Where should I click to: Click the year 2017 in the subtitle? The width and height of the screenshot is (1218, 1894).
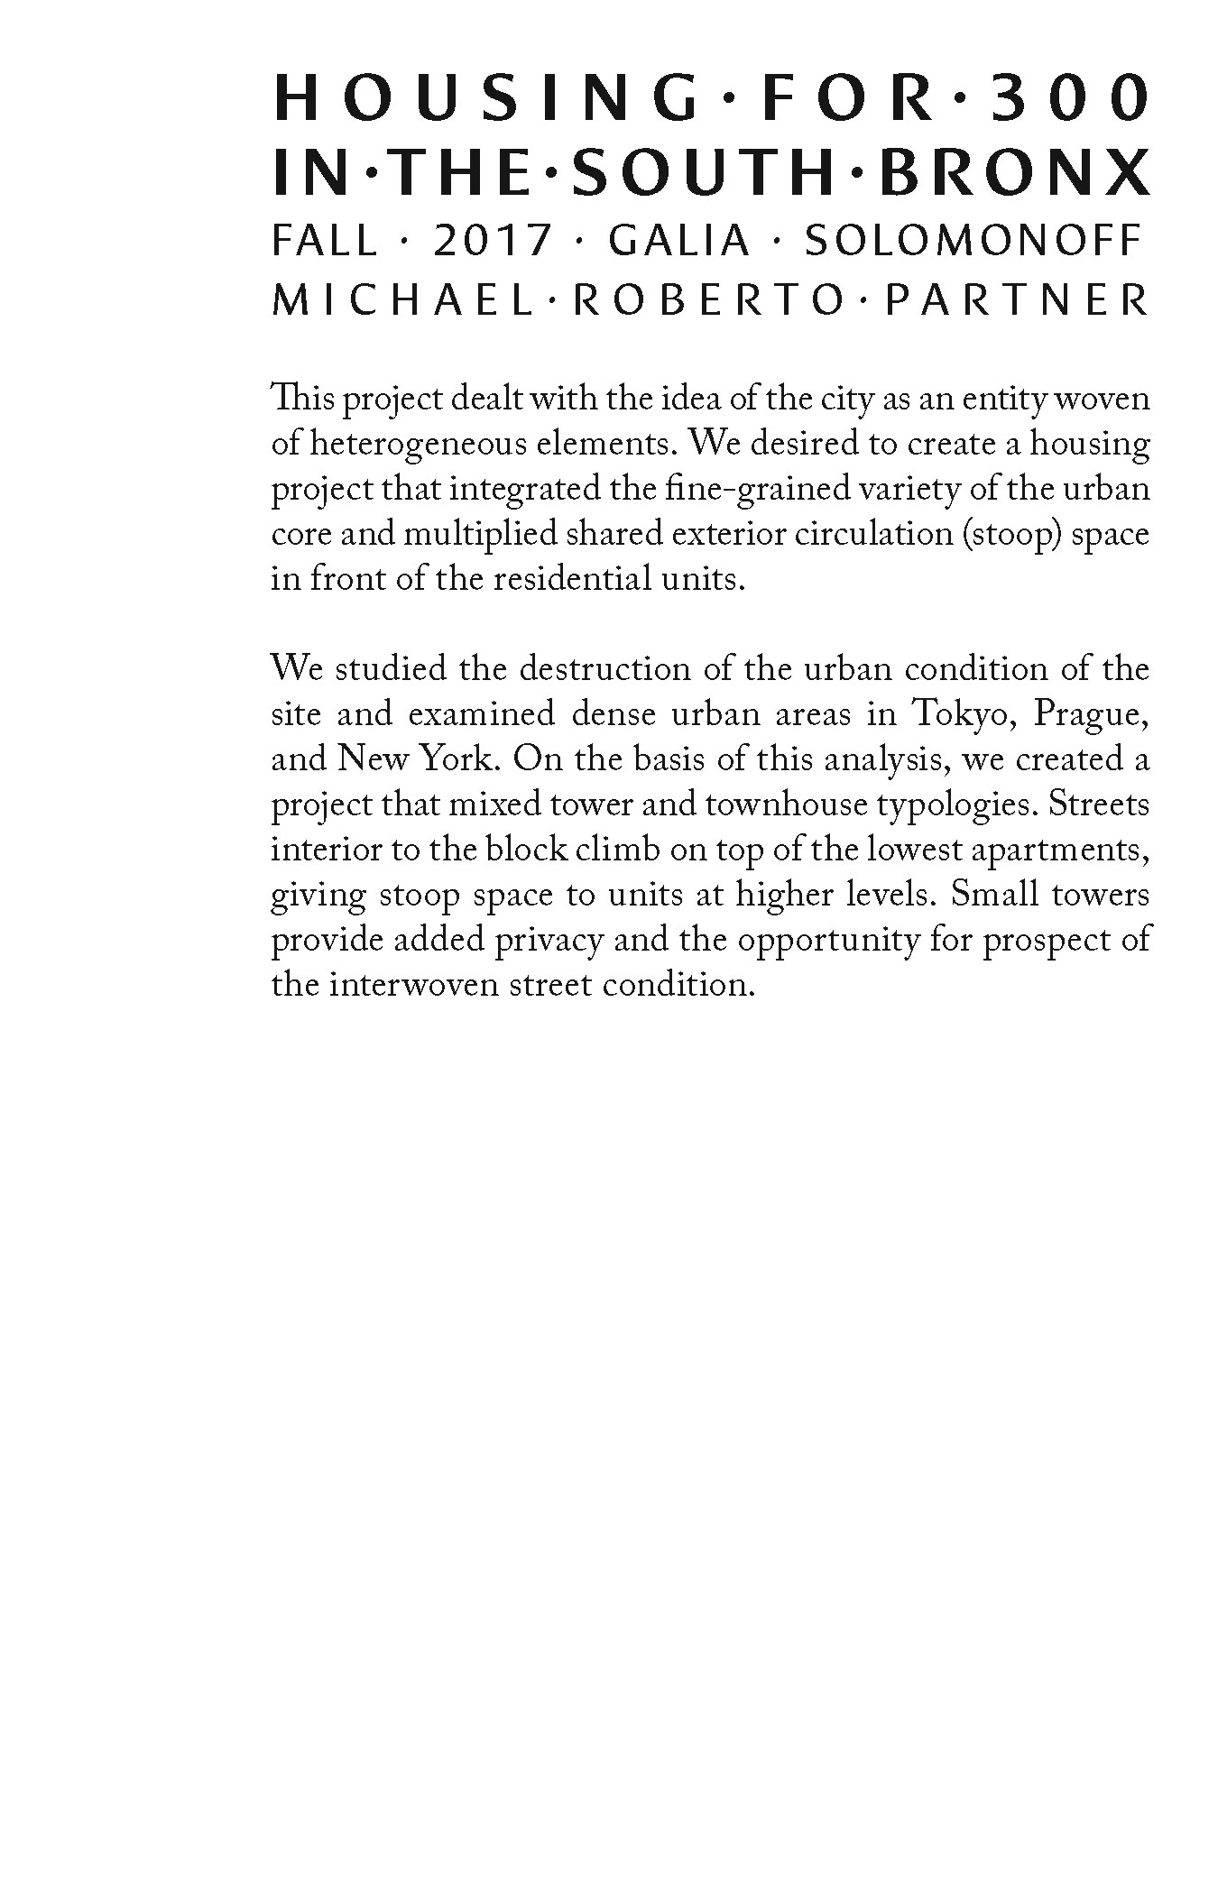point(493,241)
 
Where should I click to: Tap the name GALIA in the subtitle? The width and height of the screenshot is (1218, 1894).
point(679,241)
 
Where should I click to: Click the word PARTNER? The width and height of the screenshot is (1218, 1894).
point(1017,300)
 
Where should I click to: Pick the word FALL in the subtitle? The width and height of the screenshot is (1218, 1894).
point(325,241)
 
